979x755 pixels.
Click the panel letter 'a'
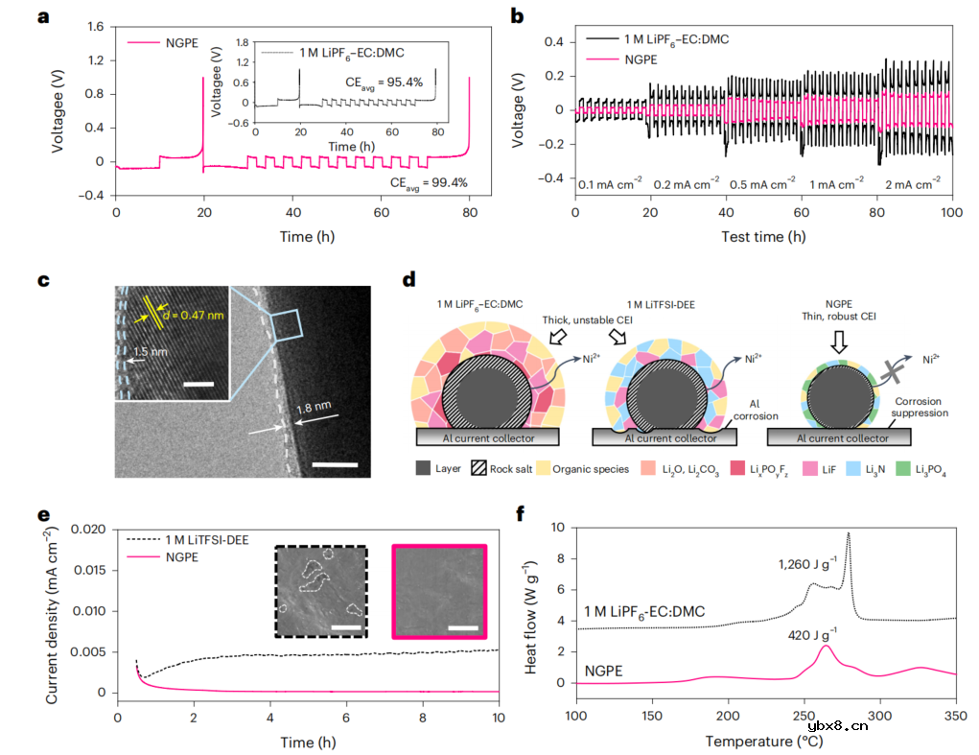42,16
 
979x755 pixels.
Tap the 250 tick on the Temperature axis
804,716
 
